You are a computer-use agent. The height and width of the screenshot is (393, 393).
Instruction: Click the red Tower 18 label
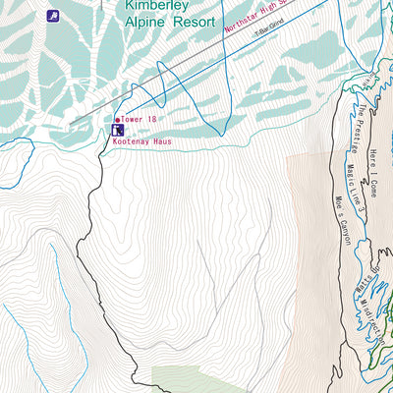141,119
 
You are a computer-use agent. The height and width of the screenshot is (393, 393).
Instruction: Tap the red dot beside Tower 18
118,120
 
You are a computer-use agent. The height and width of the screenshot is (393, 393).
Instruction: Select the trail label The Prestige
367,130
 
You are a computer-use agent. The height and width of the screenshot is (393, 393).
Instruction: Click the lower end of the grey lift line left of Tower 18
73,122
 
